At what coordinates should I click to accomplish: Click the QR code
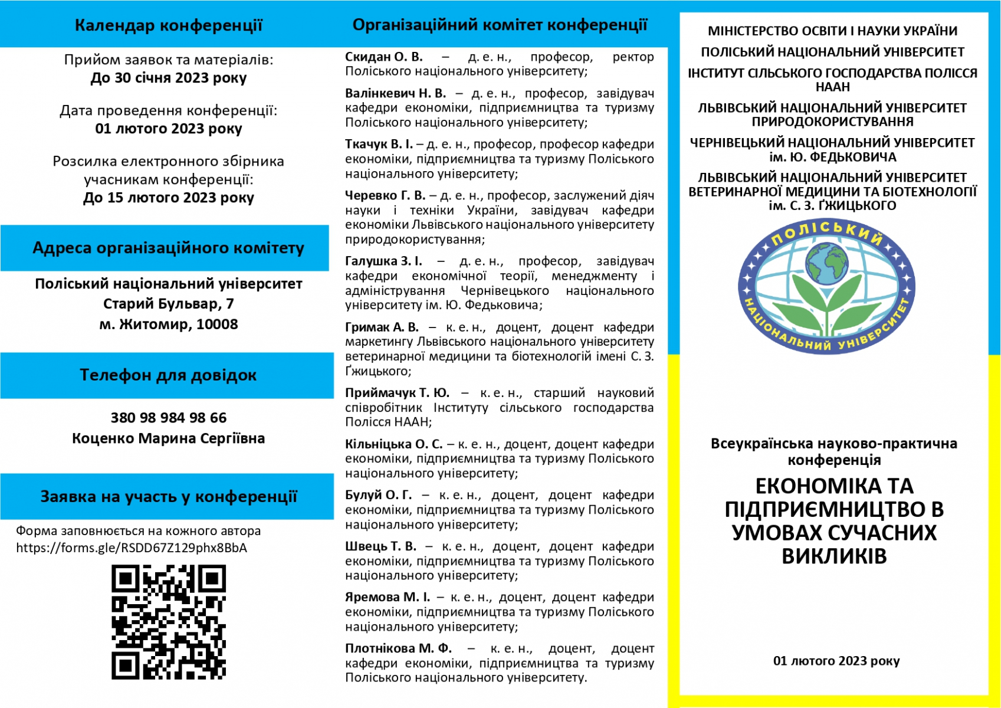(x=169, y=622)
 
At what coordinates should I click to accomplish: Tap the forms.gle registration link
(x=132, y=548)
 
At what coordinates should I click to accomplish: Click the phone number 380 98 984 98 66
(x=169, y=418)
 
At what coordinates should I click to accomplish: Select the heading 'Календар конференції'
(x=169, y=25)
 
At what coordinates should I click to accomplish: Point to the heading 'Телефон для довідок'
(x=168, y=375)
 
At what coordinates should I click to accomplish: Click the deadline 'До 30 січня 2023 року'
(x=169, y=78)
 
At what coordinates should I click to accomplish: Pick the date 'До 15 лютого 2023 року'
(x=169, y=198)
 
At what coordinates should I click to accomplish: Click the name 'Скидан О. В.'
(x=384, y=57)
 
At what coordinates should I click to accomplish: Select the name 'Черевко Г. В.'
(x=385, y=195)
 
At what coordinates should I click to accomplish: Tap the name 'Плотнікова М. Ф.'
(x=399, y=648)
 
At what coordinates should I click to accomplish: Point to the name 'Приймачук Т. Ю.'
(x=397, y=393)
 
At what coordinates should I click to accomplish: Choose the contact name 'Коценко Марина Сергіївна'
(x=169, y=438)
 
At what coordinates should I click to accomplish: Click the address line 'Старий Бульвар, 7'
(x=169, y=304)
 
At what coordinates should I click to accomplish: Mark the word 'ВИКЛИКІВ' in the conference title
(x=834, y=556)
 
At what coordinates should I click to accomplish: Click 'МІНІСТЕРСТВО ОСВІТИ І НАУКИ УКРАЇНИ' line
(x=832, y=31)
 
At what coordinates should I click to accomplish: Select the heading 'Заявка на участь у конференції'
(x=169, y=497)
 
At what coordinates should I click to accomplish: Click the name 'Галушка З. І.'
(x=383, y=261)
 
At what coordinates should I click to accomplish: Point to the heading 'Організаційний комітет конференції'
(x=500, y=25)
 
